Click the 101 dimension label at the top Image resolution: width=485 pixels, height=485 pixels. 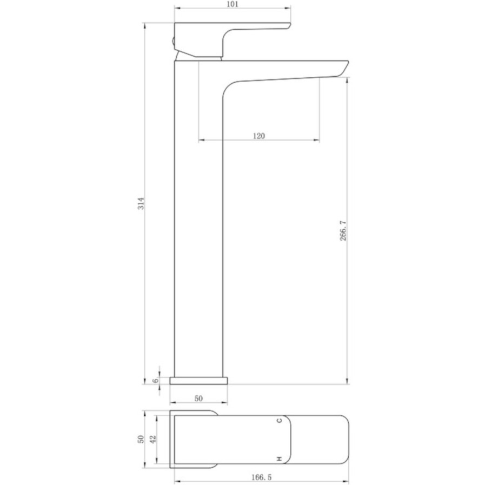pos(232,4)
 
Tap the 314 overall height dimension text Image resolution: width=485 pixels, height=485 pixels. pos(141,203)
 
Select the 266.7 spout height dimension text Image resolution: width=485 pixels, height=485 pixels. pos(343,231)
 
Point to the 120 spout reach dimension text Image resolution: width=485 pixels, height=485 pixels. pos(259,136)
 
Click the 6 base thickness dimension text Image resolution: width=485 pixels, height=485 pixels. pos(156,380)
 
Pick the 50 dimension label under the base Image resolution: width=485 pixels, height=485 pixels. pos(198,398)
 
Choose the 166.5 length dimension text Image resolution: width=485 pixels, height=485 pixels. pos(261,477)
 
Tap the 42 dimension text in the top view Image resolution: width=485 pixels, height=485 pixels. pos(153,439)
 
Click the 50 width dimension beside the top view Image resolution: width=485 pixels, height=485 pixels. pos(141,439)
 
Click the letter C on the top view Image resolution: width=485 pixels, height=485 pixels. pos(280,420)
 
